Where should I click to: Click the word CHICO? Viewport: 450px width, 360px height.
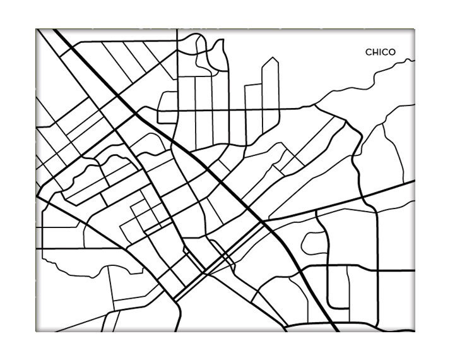click(381, 52)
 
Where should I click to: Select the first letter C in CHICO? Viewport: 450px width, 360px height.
click(369, 52)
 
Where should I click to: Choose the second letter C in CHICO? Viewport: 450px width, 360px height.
click(386, 52)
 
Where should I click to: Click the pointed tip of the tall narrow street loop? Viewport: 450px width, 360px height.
click(272, 58)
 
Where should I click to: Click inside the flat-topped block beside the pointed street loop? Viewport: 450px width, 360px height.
click(253, 101)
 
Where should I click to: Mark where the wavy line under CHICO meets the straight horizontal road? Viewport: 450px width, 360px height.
click(315, 108)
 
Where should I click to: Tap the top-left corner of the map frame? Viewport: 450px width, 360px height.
click(37, 29)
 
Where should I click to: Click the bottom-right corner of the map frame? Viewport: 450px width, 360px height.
click(415, 331)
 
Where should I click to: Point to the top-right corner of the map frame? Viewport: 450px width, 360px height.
click(415, 29)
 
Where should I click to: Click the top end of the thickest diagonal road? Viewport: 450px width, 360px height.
click(54, 30)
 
